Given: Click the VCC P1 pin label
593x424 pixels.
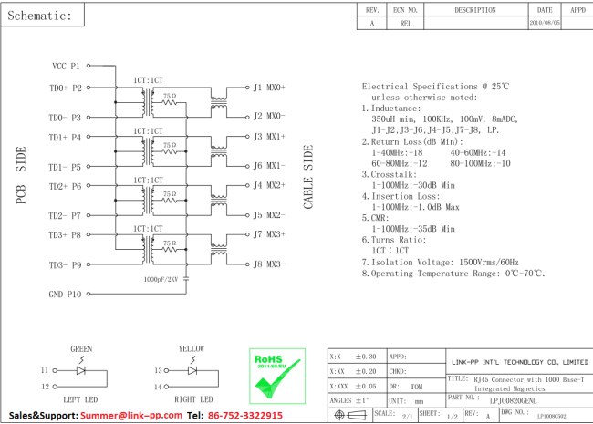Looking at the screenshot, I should click(x=67, y=66).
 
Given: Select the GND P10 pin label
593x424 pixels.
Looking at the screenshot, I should click(x=65, y=295).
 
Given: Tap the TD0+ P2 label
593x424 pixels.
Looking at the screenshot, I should click(x=66, y=88).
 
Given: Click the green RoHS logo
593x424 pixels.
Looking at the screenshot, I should click(x=276, y=373).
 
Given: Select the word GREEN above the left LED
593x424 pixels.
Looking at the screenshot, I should click(x=81, y=349).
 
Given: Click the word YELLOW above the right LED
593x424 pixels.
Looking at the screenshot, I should click(x=192, y=349).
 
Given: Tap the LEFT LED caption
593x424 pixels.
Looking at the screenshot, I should click(x=81, y=399).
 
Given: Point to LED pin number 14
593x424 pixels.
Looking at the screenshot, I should click(x=158, y=388).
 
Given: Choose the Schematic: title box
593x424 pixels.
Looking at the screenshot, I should click(x=42, y=16).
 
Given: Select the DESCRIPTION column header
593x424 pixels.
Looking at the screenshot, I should click(x=474, y=10).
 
